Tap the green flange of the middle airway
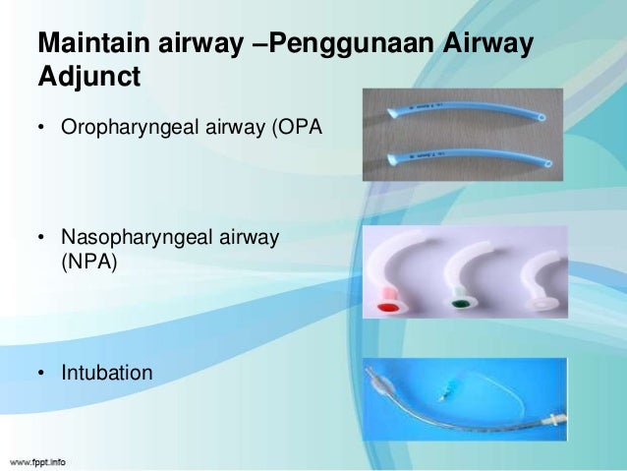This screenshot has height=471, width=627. pos(458,302)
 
